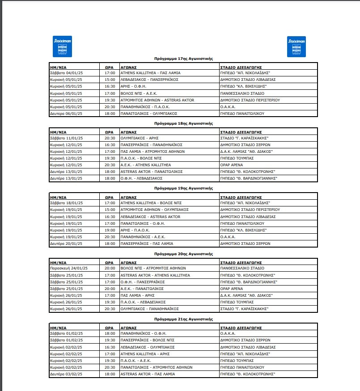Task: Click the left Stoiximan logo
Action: pyautogui.click(x=62, y=46)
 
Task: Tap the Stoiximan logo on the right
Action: pyautogui.click(x=296, y=46)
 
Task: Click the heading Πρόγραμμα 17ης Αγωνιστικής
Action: pyautogui.click(x=183, y=59)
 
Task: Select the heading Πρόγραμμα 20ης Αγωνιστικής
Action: pyautogui.click(x=183, y=253)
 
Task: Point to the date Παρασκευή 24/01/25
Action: pyautogui.click(x=69, y=268)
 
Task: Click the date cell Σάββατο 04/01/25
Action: pyautogui.click(x=67, y=72)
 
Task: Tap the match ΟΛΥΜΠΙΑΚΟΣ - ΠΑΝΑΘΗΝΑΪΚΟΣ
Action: pyautogui.click(x=149, y=309)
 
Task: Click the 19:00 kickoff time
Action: pyautogui.click(x=110, y=230)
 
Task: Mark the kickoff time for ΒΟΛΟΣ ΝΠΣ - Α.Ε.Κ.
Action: pyautogui.click(x=110, y=93)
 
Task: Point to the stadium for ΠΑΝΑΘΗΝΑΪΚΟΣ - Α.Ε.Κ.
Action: pyautogui.click(x=228, y=237)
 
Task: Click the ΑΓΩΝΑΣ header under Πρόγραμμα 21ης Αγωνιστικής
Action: pyautogui.click(x=128, y=326)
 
